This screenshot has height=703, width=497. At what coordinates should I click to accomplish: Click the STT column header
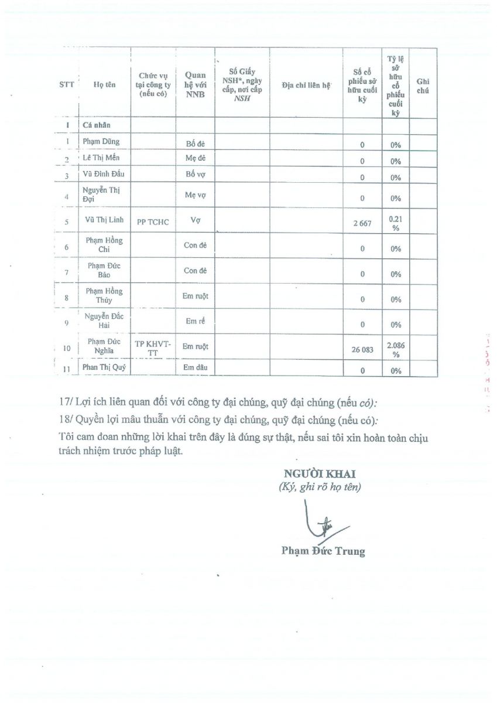pyautogui.click(x=67, y=84)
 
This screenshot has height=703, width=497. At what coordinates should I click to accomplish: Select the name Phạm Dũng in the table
pyautogui.click(x=101, y=141)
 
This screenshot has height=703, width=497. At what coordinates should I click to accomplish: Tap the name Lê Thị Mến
pyautogui.click(x=101, y=158)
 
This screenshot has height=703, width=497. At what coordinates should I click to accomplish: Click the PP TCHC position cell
pyautogui.click(x=153, y=222)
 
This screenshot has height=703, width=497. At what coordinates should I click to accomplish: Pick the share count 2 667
pyautogui.click(x=362, y=223)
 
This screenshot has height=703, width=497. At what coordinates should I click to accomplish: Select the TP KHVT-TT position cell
pyautogui.click(x=153, y=348)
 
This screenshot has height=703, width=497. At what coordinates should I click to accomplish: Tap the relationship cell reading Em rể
pyautogui.click(x=196, y=321)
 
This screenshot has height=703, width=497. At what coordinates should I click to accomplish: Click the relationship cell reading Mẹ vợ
pyautogui.click(x=196, y=196)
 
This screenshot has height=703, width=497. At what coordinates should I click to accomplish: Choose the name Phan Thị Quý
pyautogui.click(x=104, y=368)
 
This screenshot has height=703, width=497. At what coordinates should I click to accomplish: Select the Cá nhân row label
pyautogui.click(x=97, y=125)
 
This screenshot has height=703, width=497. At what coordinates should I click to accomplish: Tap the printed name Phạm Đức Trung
pyautogui.click(x=323, y=551)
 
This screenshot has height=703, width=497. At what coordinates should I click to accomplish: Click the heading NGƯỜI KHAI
pyautogui.click(x=320, y=474)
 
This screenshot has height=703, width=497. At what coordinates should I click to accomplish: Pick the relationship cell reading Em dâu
pyautogui.click(x=196, y=368)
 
